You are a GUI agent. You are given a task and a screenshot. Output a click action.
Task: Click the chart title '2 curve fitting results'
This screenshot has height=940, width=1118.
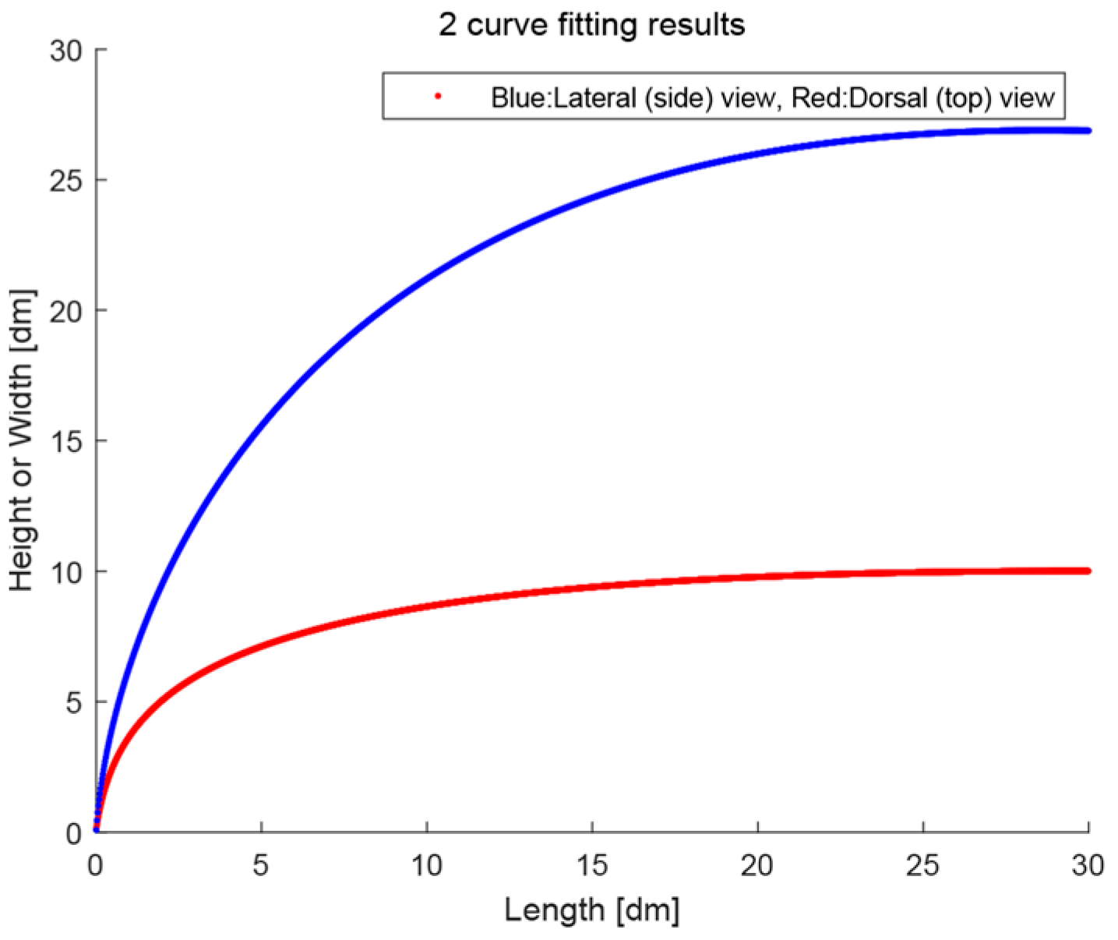click(591, 25)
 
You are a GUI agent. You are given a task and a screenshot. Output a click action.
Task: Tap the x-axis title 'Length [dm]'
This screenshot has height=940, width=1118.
click(591, 910)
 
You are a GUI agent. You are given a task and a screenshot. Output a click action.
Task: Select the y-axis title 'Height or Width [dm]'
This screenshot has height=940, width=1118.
click(22, 441)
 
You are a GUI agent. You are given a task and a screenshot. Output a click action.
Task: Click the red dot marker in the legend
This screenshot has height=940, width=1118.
click(438, 97)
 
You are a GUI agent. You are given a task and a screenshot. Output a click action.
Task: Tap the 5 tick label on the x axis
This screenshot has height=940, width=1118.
click(261, 865)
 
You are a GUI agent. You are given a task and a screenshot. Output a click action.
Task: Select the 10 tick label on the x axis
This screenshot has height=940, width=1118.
click(426, 865)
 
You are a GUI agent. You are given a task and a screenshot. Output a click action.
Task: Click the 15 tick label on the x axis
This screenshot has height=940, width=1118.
click(592, 865)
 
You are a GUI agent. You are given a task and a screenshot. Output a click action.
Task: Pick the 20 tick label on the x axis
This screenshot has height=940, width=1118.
click(757, 865)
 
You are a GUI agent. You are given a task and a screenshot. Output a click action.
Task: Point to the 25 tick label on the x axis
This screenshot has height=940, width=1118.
click(923, 865)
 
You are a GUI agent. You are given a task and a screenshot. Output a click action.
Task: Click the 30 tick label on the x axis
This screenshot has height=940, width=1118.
click(1088, 865)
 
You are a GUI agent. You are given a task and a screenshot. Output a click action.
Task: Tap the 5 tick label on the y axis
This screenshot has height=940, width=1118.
click(73, 703)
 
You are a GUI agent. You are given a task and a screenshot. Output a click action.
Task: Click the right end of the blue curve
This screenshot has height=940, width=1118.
click(1088, 130)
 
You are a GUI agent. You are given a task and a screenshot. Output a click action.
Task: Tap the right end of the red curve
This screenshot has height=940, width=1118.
click(1088, 571)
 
